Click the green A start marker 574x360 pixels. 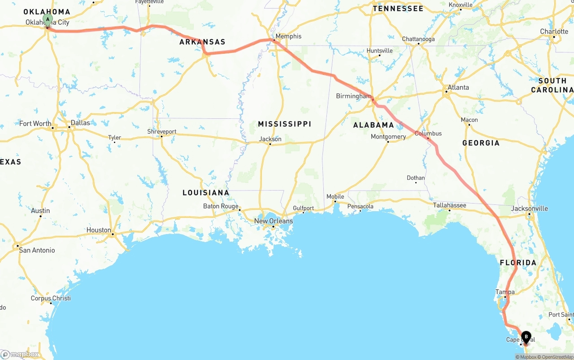48,20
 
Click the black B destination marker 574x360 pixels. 526,337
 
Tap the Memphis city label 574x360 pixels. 288,36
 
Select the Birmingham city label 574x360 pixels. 354,96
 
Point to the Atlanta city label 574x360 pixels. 458,87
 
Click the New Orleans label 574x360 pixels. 273,221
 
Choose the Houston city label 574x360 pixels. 99,230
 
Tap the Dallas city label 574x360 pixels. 80,123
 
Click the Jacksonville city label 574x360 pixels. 529,208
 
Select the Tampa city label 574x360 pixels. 505,292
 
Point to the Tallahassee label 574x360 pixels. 449,205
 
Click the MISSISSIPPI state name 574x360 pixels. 284,124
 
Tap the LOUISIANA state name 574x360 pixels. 206,193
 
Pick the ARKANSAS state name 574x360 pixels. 202,42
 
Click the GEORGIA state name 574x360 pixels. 481,143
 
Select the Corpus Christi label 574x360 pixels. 51,298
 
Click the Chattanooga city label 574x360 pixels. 418,39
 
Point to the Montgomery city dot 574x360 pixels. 388,142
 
